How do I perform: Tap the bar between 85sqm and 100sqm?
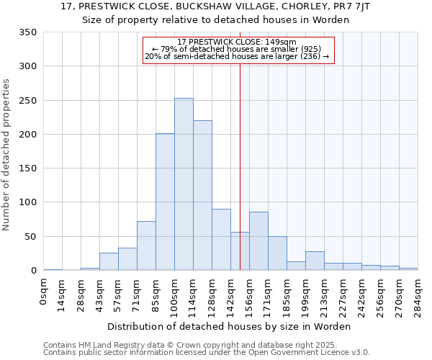coord(165,202)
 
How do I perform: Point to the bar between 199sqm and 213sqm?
coord(315,261)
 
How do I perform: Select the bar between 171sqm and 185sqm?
coord(277,253)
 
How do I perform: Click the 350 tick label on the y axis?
coord(27,32)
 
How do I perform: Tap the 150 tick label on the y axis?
coord(27,168)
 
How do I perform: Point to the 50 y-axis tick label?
coord(30,236)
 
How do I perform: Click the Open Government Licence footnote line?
coord(207,353)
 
